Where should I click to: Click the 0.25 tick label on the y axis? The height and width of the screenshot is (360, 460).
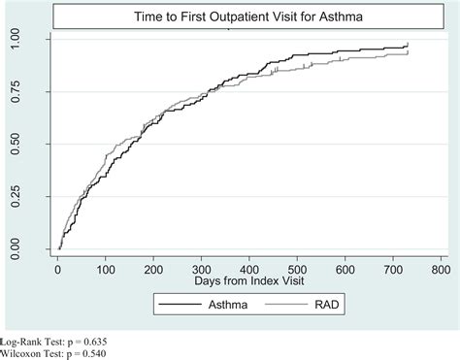pos(39,198)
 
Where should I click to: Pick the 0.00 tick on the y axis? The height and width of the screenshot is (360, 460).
pos(39,250)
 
